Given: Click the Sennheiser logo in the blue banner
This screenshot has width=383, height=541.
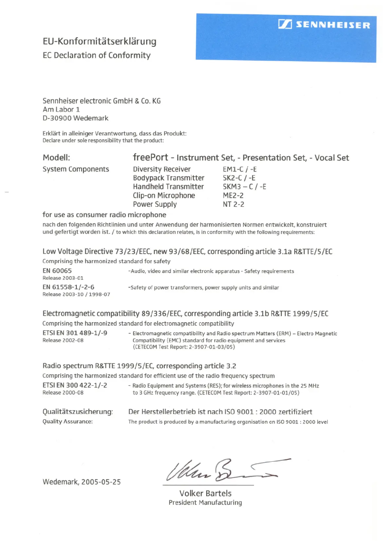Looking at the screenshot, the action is pyautogui.click(x=324, y=25).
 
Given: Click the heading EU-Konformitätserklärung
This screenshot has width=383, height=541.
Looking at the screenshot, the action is pyautogui.click(x=99, y=42).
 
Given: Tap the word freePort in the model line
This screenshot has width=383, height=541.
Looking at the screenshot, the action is pyautogui.click(x=150, y=157).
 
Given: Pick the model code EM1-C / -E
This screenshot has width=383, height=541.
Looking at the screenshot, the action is pyautogui.click(x=240, y=169).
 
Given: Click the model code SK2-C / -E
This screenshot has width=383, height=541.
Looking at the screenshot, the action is pyautogui.click(x=239, y=178).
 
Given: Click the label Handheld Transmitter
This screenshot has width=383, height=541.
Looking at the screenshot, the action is pyautogui.click(x=168, y=187).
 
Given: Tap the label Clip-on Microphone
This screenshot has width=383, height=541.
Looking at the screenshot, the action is pyautogui.click(x=164, y=195).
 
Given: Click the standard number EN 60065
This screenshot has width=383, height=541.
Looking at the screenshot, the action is pyautogui.click(x=57, y=271).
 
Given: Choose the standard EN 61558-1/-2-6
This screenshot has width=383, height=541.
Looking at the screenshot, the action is pyautogui.click(x=69, y=287).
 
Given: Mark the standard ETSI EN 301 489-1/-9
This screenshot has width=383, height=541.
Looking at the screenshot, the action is pyautogui.click(x=75, y=333).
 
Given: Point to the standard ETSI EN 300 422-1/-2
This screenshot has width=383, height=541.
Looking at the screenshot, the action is pyautogui.click(x=75, y=385).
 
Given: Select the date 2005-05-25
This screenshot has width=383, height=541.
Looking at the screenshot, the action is pyautogui.click(x=101, y=482).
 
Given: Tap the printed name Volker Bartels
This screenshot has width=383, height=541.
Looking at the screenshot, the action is pyautogui.click(x=205, y=493).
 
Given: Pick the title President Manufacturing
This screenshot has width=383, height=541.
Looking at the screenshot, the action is pyautogui.click(x=205, y=502).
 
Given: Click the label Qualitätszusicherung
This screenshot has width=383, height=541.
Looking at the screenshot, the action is pyautogui.click(x=78, y=412).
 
